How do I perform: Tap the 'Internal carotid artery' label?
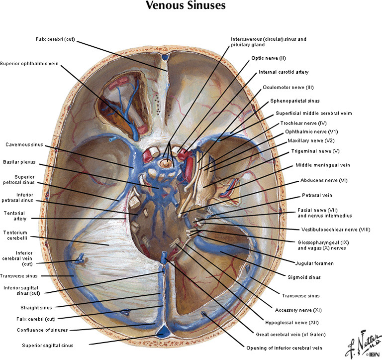click(284, 72)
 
